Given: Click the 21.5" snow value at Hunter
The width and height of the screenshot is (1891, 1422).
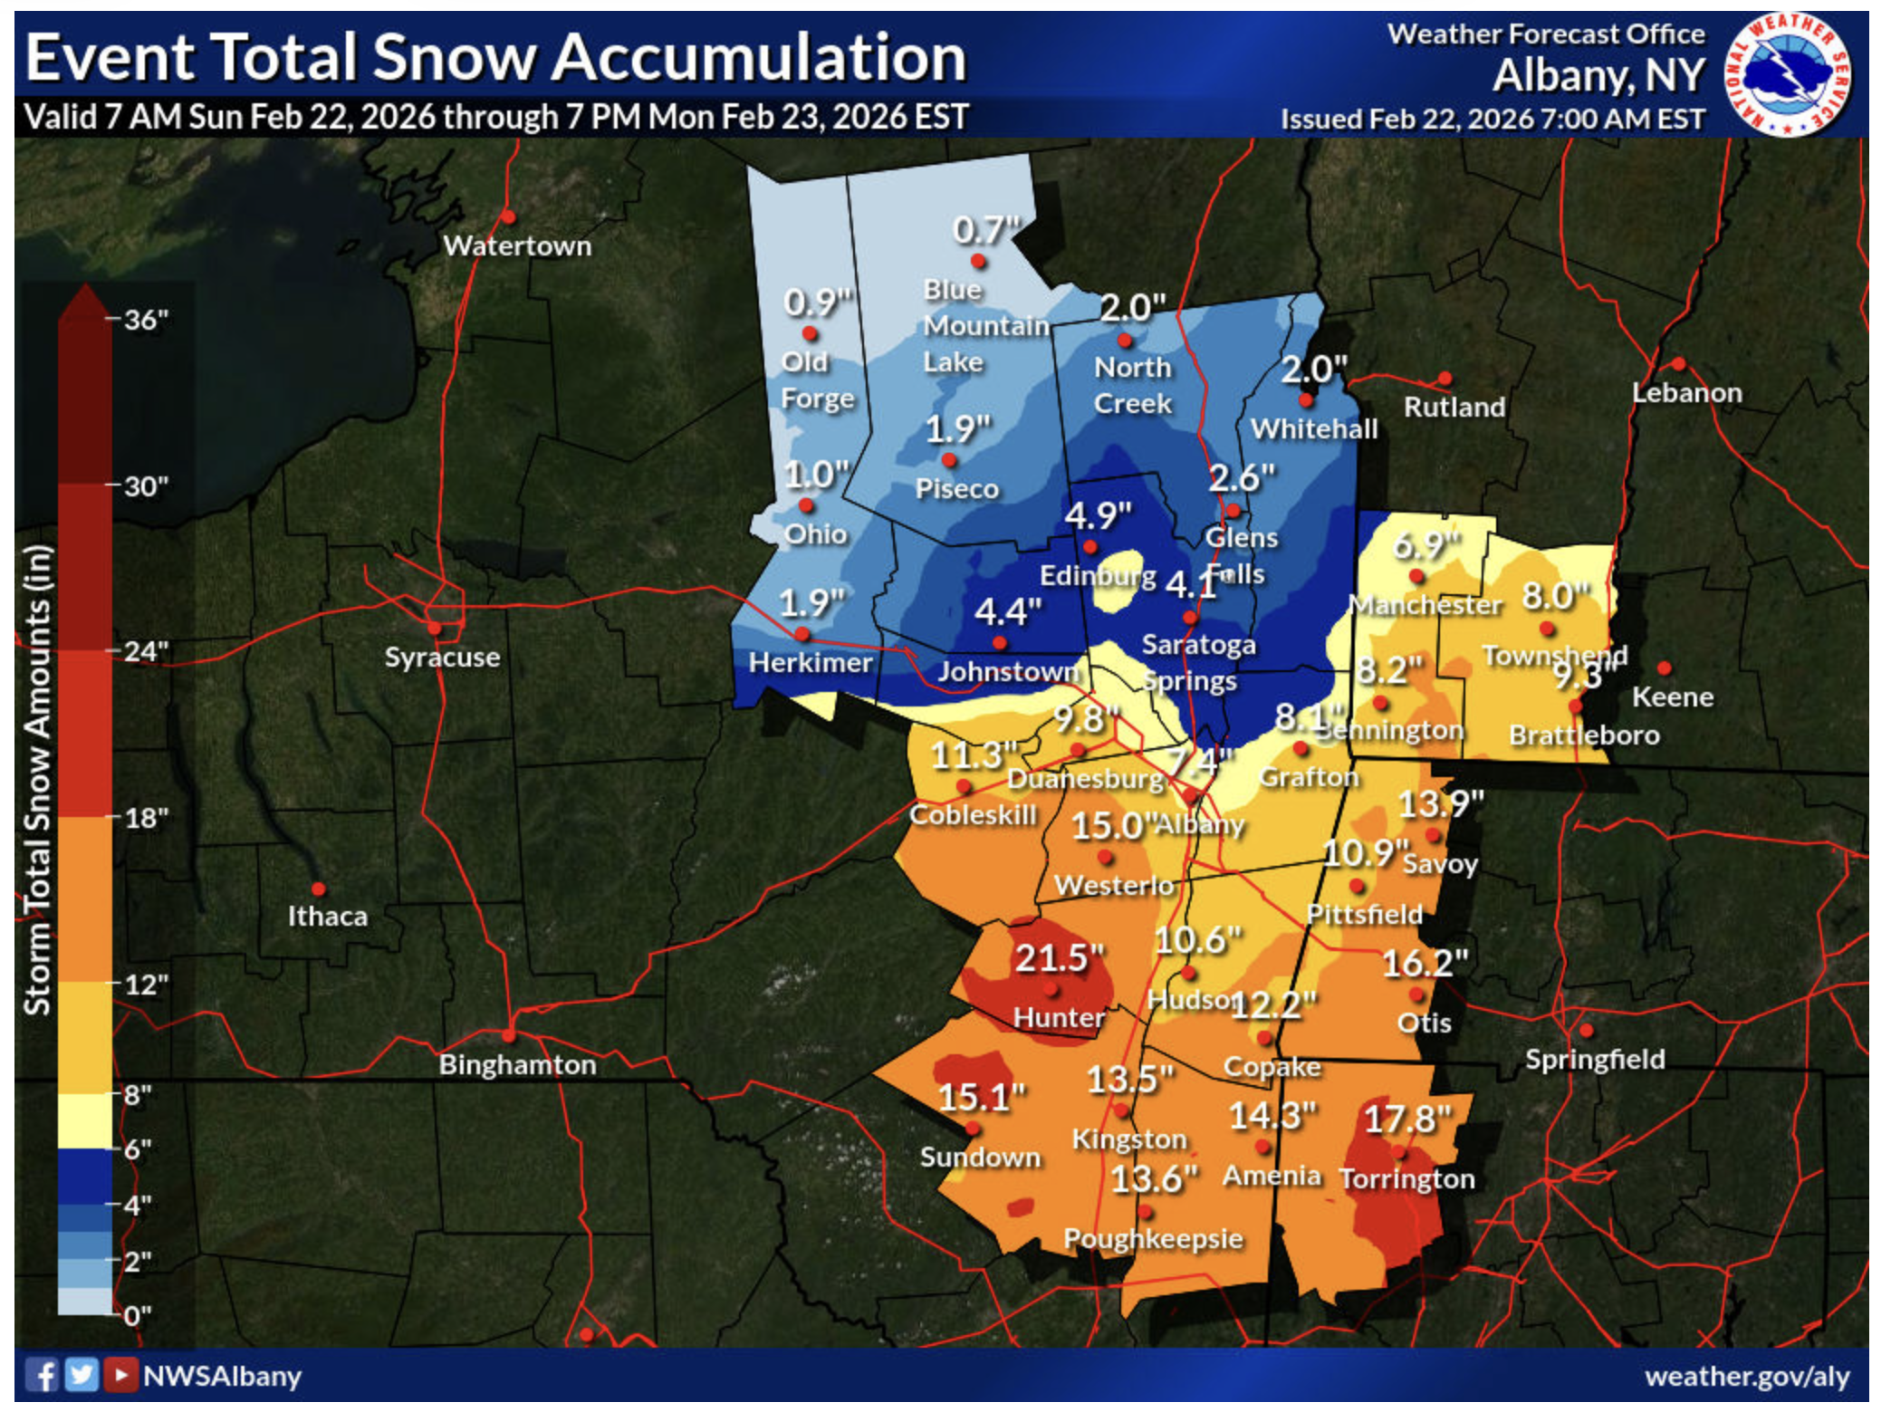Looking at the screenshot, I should tap(1059, 957).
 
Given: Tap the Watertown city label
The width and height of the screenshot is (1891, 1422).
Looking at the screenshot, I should tap(517, 245).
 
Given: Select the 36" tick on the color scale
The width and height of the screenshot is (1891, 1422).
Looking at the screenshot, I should tap(146, 320).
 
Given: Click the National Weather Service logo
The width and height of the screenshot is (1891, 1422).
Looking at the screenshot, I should tap(1789, 74).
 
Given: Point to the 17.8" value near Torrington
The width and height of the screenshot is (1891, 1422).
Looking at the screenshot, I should tap(1407, 1119).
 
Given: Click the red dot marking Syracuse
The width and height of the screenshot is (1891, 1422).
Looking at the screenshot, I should tap(435, 628).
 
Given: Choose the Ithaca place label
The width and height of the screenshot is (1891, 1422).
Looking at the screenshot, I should tap(327, 916).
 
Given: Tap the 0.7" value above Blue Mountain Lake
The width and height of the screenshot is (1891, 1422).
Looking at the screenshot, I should tap(986, 230).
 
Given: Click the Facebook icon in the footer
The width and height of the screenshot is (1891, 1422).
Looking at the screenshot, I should tap(42, 1375).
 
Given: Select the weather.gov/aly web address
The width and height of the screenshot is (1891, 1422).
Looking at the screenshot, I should tap(1747, 1376).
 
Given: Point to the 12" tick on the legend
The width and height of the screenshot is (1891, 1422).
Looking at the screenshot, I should tap(146, 985).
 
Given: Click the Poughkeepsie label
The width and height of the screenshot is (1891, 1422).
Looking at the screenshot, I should tap(1153, 1238).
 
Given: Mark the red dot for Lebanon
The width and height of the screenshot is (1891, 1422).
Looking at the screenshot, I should tap(1678, 364).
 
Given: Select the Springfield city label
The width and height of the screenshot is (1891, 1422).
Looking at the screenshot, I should tap(1594, 1059).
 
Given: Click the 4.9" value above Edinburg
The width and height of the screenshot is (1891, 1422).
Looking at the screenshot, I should tap(1098, 515).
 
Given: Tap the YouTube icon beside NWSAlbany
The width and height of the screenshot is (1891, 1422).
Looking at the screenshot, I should tap(119, 1375).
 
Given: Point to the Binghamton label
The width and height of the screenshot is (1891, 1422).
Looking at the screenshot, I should tap(517, 1064).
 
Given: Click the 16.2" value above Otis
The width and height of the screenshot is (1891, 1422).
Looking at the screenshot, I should tap(1424, 964).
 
